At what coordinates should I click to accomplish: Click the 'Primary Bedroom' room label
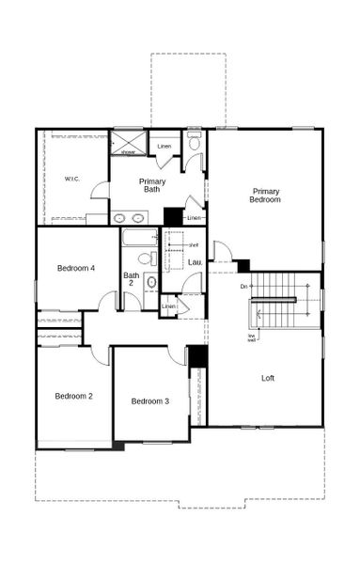pyautogui.click(x=265, y=195)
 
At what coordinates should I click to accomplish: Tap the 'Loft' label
pyautogui.click(x=269, y=378)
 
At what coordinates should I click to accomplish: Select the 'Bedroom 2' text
pyautogui.click(x=73, y=396)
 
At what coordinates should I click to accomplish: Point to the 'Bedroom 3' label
pyautogui.click(x=149, y=401)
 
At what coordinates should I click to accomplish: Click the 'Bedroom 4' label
pyautogui.click(x=75, y=268)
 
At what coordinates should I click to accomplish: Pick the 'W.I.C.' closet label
pyautogui.click(x=73, y=179)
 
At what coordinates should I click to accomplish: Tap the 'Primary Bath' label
pyautogui.click(x=152, y=185)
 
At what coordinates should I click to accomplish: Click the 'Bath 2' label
pyautogui.click(x=132, y=279)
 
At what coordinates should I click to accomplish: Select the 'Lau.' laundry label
pyautogui.click(x=195, y=262)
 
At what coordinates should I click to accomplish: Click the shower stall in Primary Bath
pyautogui.click(x=128, y=143)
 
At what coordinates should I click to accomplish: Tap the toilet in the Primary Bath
pyautogui.click(x=195, y=142)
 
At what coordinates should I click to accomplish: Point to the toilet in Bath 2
pyautogui.click(x=147, y=258)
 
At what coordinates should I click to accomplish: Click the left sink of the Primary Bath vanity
pyautogui.click(x=119, y=218)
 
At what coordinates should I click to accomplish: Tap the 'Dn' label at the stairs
pyautogui.click(x=243, y=286)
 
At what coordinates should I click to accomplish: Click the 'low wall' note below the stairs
pyautogui.click(x=252, y=338)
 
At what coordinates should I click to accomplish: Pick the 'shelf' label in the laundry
pyautogui.click(x=193, y=244)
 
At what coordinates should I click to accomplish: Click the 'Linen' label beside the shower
pyautogui.click(x=164, y=147)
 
